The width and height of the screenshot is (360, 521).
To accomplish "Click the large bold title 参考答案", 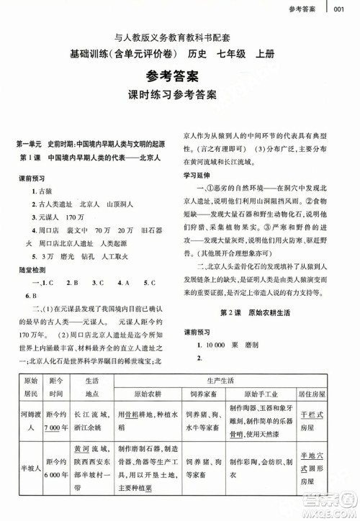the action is point(179,77).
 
